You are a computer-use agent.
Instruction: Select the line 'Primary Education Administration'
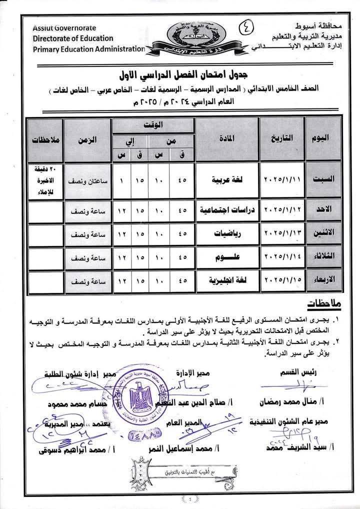click(x=89, y=48)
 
